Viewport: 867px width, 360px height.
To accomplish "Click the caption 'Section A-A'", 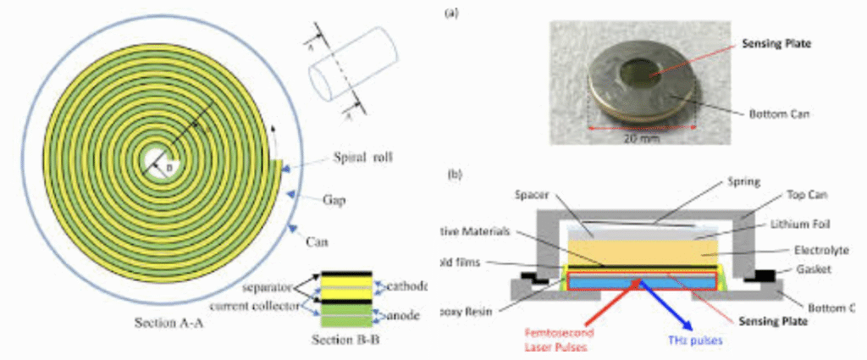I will pyautogui.click(x=174, y=324).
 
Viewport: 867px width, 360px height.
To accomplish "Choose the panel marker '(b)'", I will pyautogui.click(x=454, y=174).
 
